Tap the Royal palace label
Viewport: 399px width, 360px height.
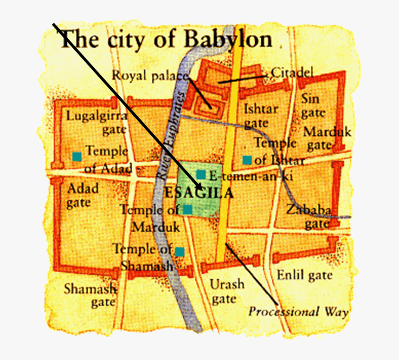click(150, 76)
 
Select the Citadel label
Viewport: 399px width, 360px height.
click(292, 73)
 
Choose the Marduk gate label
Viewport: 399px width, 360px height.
click(327, 138)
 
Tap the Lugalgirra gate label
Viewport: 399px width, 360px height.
click(96, 122)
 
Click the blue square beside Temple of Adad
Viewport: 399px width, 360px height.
click(77, 157)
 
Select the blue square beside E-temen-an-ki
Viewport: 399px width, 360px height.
click(201, 175)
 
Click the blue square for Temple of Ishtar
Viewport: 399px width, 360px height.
click(247, 160)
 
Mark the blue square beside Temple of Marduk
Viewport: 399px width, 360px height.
click(187, 209)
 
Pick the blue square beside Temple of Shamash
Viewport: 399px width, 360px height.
click(180, 252)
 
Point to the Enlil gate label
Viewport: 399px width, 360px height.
click(304, 275)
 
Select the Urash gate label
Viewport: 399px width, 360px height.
click(226, 291)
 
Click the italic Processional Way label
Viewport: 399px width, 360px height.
click(298, 312)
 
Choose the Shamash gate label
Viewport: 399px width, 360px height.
click(90, 295)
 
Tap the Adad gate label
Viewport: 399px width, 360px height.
click(83, 196)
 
